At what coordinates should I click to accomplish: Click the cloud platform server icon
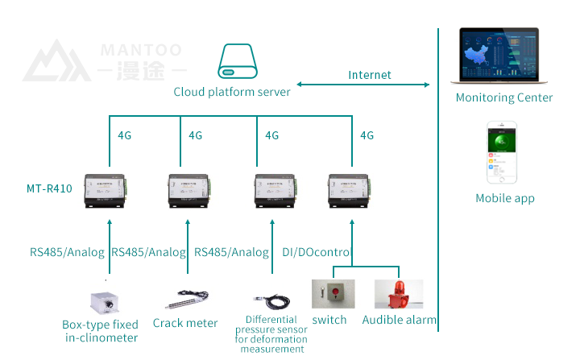238,62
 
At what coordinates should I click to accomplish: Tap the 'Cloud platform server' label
232,92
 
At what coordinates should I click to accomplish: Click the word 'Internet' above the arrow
370,75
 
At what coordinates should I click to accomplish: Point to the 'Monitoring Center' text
504,97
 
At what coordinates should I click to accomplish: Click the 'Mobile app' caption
505,198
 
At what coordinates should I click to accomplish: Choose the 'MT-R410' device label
49,189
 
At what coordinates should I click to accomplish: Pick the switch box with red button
332,294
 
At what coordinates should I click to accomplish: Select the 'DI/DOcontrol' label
318,252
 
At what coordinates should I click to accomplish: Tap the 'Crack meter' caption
185,323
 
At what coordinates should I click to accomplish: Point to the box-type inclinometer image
106,301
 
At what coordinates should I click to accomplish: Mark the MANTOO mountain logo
55,61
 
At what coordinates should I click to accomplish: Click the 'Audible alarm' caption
400,320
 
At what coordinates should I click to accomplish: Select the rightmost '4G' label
367,135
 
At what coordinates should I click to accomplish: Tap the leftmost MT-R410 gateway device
108,191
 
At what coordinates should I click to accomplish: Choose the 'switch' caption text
329,320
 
